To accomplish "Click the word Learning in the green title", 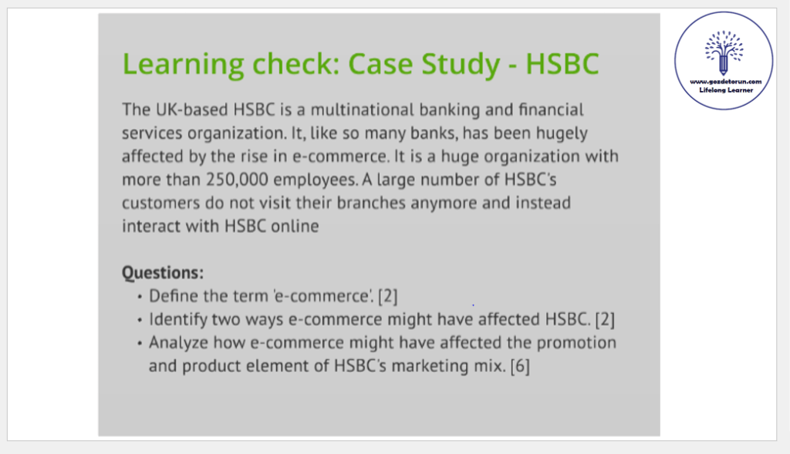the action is tap(183, 65).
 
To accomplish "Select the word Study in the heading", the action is tap(461, 65).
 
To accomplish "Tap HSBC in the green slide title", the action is tap(562, 63).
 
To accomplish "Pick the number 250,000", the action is tap(237, 180).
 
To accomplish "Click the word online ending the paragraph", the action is tap(295, 226).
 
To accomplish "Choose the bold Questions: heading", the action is tap(163, 273).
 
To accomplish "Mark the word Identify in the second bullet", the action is tap(178, 320).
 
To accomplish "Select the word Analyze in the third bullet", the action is tap(179, 343).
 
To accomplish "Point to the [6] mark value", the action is tap(520, 366).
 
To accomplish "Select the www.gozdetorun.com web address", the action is tap(725, 82).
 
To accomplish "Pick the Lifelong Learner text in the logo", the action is tap(726, 90).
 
